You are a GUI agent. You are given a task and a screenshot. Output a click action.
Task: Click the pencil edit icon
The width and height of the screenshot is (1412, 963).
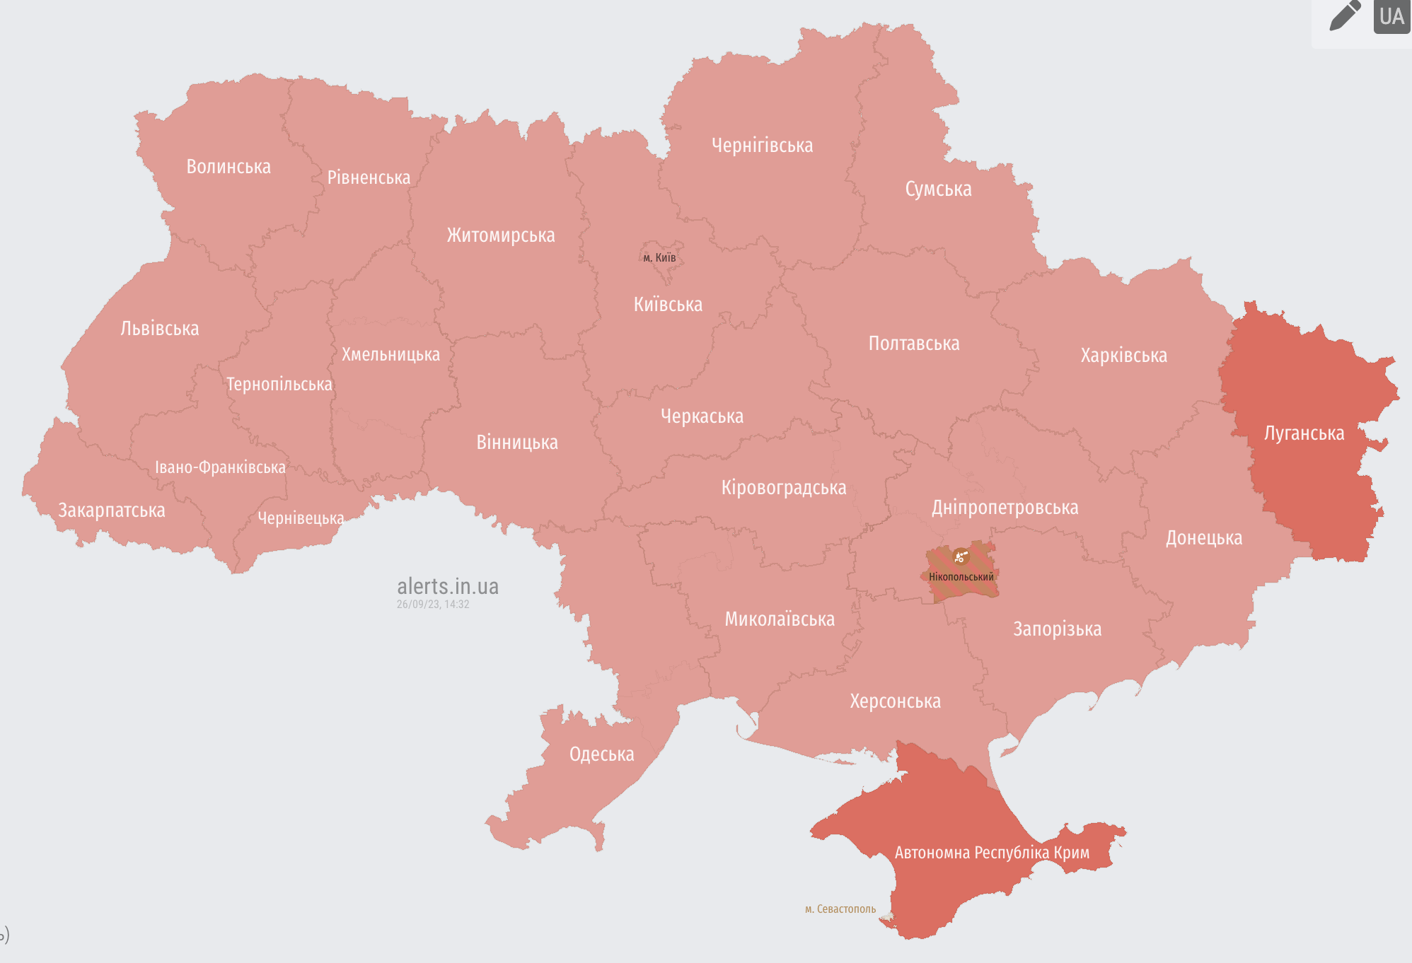1345,16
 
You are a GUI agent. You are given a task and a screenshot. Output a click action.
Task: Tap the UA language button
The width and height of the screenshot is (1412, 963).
1391,16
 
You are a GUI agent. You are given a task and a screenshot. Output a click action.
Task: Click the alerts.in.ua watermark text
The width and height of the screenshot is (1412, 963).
448,586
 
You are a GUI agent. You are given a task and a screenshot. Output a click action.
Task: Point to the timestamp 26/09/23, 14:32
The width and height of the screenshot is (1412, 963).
433,605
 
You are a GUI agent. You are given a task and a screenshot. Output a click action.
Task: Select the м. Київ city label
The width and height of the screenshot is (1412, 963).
659,257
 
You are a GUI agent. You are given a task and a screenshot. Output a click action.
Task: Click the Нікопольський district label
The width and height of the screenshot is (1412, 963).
961,577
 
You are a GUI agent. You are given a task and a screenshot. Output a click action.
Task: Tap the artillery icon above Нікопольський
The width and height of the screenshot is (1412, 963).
960,557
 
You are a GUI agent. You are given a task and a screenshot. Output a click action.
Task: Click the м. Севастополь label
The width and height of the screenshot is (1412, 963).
840,909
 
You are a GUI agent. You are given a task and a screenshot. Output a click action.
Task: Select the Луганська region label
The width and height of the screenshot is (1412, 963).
1304,433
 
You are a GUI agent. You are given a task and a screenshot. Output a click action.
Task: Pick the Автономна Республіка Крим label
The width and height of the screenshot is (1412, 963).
992,853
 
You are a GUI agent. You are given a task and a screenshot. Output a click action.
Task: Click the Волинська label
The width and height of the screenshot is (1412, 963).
228,167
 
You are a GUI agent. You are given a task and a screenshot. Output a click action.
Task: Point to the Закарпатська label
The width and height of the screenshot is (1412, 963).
112,510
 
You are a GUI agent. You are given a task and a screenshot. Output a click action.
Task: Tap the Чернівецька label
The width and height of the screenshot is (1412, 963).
301,518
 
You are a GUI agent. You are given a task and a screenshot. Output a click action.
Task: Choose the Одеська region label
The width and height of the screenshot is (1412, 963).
601,754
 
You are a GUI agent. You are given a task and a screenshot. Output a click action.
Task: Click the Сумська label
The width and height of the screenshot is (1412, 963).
938,189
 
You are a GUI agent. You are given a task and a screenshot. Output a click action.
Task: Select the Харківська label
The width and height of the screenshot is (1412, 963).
1123,356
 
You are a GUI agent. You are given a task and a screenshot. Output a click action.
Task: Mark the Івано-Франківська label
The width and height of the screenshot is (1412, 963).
220,467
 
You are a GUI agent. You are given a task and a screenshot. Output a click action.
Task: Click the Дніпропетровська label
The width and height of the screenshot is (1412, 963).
1005,508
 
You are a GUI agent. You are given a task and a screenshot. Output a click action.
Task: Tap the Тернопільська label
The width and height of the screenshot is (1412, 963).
279,385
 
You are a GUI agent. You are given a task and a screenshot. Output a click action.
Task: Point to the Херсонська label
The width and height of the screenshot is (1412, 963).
895,701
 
